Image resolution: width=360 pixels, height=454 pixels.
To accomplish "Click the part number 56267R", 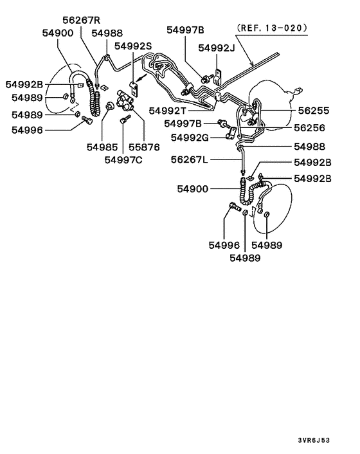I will [x=81, y=19].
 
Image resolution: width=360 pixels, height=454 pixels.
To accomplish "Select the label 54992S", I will [x=133, y=46].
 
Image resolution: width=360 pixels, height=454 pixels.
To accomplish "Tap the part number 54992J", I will [x=217, y=48].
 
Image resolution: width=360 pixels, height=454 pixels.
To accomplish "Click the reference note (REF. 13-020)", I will [x=271, y=28].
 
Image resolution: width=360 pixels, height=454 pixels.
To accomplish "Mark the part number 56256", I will [x=311, y=129].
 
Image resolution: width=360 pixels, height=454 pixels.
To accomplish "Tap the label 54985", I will [x=103, y=147].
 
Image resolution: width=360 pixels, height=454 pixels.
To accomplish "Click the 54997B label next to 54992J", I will [x=185, y=30].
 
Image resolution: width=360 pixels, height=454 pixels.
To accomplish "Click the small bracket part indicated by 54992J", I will [x=219, y=76].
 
